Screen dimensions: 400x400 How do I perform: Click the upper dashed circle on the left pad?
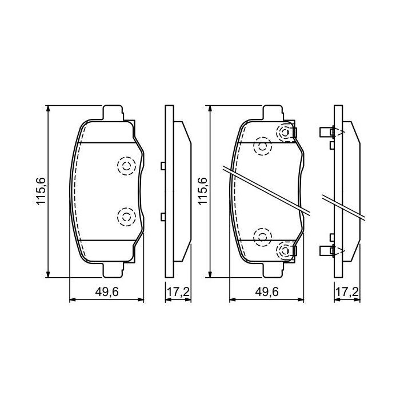point(125,166)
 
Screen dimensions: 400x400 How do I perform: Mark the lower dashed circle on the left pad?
point(125,217)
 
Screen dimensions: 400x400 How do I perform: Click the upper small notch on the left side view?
point(163,166)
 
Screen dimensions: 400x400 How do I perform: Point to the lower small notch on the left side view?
point(163,216)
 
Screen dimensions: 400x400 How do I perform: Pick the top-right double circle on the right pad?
point(284,133)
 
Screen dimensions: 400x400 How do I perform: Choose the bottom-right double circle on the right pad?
point(284,249)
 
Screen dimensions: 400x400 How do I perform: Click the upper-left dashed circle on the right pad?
point(262,146)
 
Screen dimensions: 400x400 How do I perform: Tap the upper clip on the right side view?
point(327,133)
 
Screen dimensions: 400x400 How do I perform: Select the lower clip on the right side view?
point(327,249)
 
